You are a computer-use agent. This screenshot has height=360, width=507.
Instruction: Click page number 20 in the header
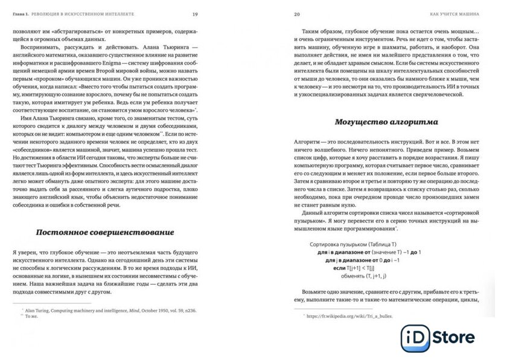[x=297, y=14]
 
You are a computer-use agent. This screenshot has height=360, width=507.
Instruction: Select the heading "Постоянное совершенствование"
[x=105, y=232]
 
